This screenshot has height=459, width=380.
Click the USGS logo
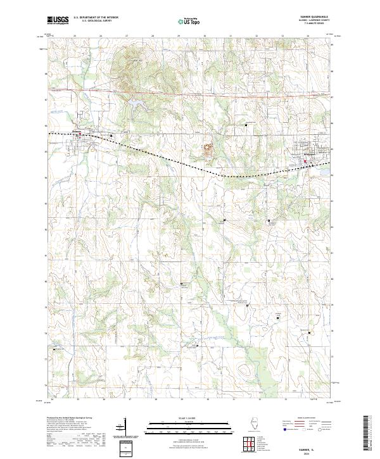tap(58, 20)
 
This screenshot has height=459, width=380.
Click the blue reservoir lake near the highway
tap(136, 101)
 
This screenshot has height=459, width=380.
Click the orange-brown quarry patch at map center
tap(206, 149)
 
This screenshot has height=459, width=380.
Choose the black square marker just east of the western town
tap(112, 135)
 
